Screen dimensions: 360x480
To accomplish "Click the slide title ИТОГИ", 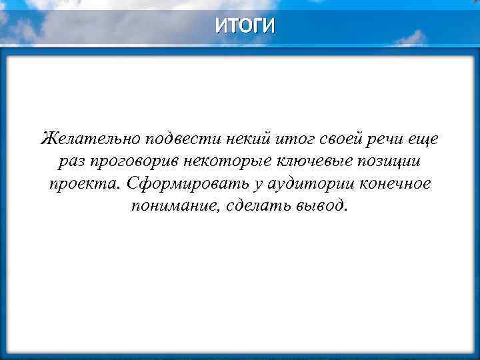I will coord(244,26).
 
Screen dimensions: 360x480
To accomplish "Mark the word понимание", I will coord(169,205).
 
